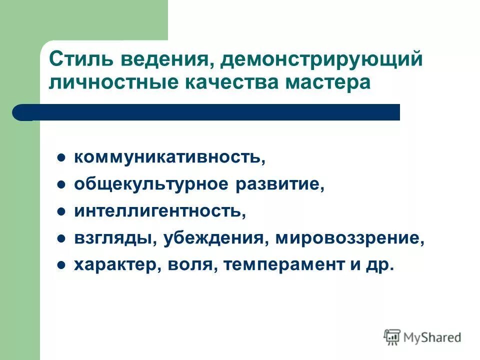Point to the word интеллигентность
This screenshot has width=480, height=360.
click(160, 211)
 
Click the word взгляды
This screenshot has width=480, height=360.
click(115, 238)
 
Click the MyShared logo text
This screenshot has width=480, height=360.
click(431, 337)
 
